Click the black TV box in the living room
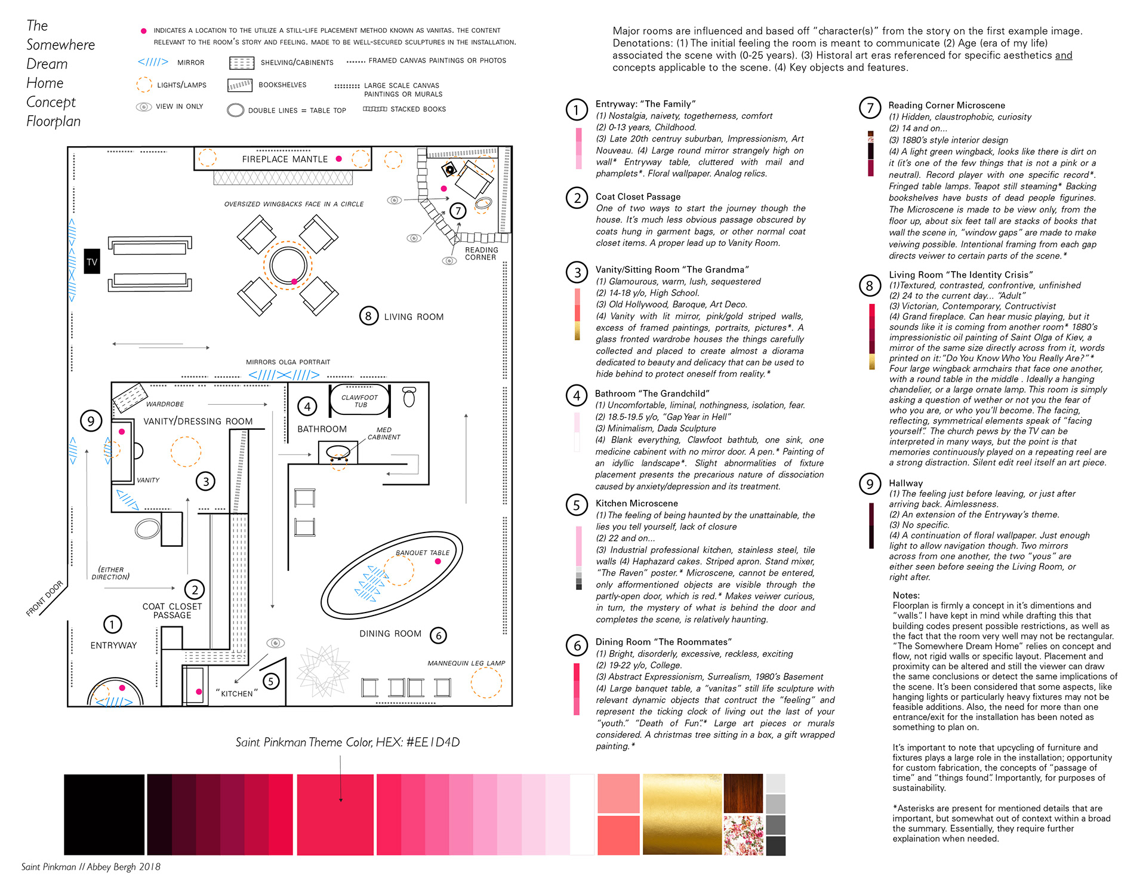point(92,262)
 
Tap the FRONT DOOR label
point(45,598)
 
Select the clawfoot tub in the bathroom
point(359,401)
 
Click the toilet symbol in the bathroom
point(409,397)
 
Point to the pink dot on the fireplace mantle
point(339,159)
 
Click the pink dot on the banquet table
point(438,561)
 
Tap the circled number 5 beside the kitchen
point(271,681)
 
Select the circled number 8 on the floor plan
point(368,316)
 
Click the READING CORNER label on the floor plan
point(481,254)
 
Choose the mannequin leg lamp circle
point(486,682)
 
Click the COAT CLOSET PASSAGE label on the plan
point(172,611)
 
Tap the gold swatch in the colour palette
point(682,814)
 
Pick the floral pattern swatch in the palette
point(743,836)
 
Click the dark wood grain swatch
point(743,793)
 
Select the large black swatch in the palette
point(104,814)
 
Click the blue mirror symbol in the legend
point(153,62)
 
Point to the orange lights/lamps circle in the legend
point(144,85)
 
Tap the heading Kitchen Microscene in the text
point(636,503)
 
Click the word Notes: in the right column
point(906,595)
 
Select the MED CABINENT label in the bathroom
point(384,433)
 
